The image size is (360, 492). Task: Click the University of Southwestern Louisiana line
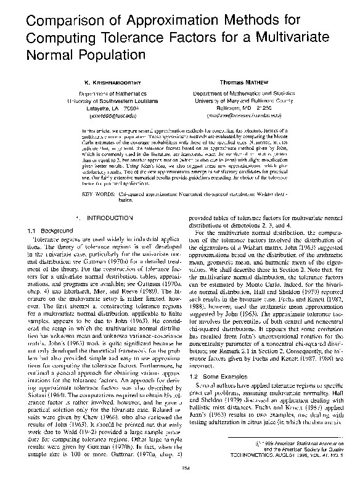point(108,99)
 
